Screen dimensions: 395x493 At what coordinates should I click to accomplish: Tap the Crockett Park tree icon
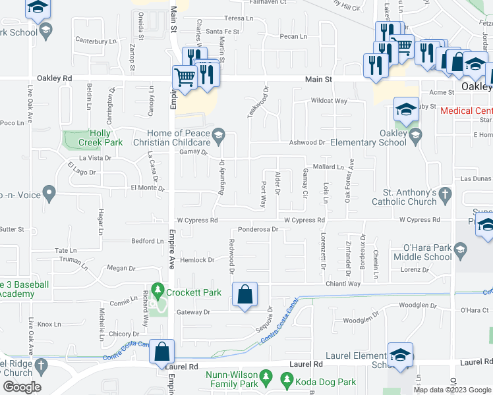[x=157, y=290]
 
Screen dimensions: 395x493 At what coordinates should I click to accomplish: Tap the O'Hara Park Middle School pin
[x=460, y=250]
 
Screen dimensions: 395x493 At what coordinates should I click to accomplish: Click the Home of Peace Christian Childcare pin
[x=222, y=138]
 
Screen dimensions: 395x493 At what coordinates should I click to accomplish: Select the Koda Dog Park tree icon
[x=287, y=379]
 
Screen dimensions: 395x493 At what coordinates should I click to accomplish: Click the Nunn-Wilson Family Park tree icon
[x=266, y=378]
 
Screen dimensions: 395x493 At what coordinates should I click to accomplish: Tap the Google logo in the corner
[x=21, y=387]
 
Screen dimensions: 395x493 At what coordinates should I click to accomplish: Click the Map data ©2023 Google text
[x=452, y=390]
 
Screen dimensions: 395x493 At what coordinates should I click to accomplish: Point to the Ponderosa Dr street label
[x=259, y=230]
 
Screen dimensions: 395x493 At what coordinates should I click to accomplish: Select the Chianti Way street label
[x=343, y=284]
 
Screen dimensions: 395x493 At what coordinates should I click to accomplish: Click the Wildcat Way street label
[x=329, y=101]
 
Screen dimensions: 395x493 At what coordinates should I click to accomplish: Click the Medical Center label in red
[x=465, y=111]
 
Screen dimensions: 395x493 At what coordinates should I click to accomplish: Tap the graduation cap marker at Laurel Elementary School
[x=401, y=354]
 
